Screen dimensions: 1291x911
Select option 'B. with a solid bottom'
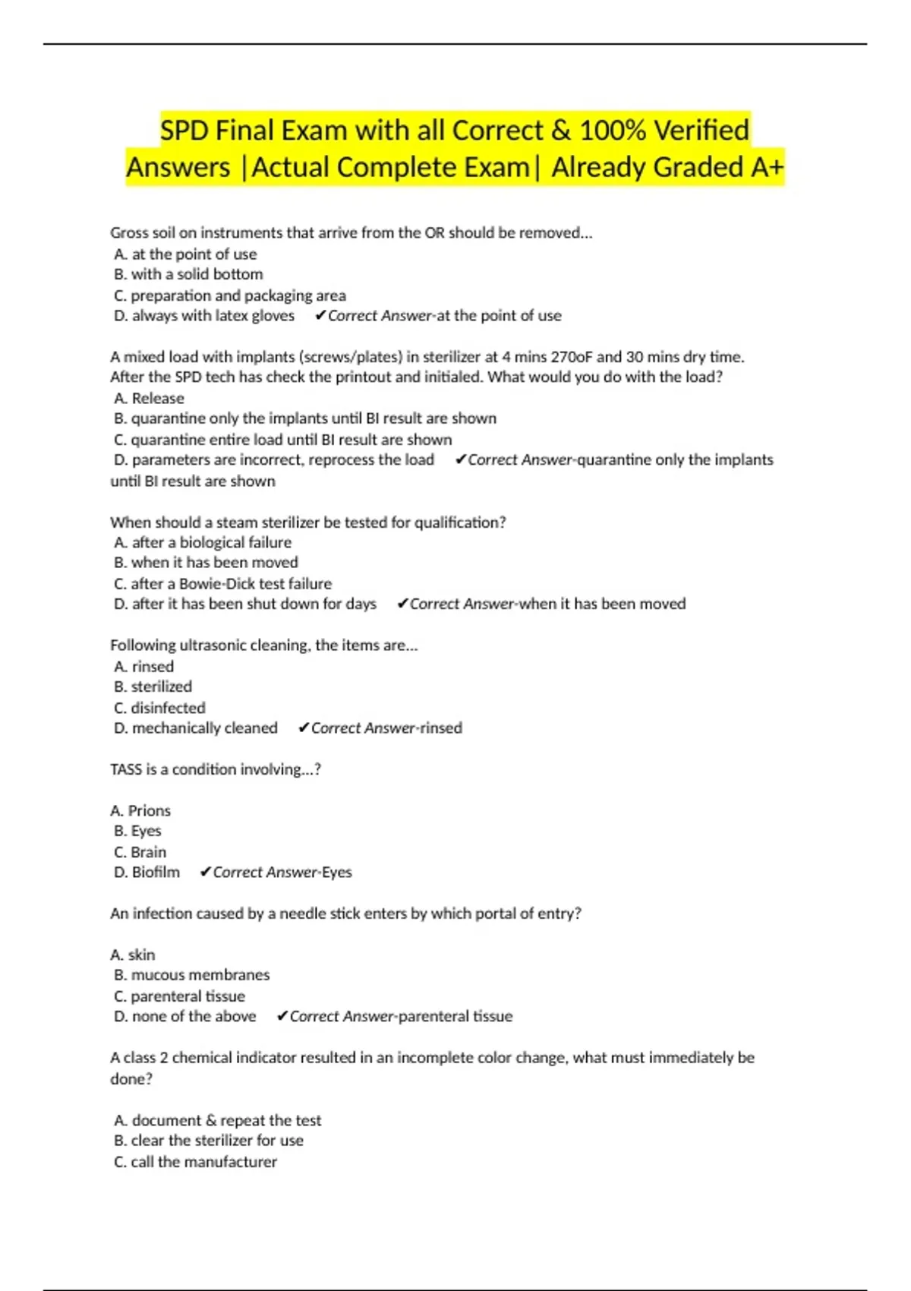(x=188, y=274)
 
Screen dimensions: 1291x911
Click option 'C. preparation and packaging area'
(x=229, y=295)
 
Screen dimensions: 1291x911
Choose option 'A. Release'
(x=149, y=398)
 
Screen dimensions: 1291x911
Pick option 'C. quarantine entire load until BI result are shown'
(x=282, y=440)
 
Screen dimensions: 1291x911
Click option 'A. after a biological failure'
(x=202, y=542)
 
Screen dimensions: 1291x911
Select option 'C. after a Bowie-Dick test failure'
(x=222, y=584)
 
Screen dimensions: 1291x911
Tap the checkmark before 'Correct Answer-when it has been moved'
(x=402, y=604)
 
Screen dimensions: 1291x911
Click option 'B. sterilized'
(x=153, y=687)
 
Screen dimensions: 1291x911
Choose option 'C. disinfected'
(x=159, y=708)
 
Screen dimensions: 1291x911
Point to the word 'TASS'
(x=125, y=769)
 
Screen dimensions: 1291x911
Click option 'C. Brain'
(x=140, y=852)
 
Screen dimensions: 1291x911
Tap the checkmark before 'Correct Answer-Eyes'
(x=205, y=873)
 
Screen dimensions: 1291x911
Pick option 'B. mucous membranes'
(x=191, y=975)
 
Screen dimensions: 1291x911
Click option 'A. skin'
(x=133, y=955)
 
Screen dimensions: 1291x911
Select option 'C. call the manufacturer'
(x=195, y=1162)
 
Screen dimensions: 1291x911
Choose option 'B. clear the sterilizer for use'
(x=208, y=1141)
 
